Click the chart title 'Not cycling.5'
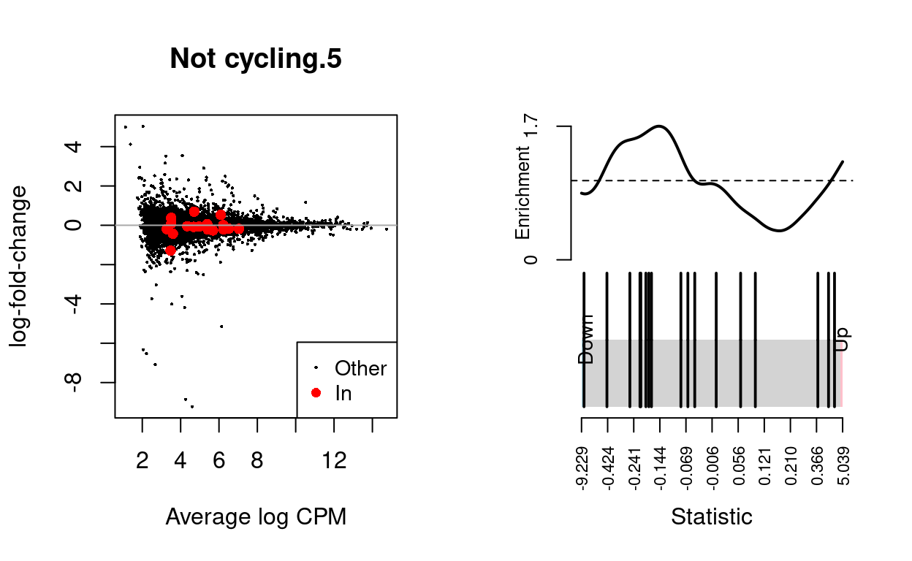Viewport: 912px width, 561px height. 256,60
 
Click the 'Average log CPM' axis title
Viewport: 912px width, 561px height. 256,517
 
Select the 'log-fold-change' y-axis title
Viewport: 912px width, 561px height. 20,266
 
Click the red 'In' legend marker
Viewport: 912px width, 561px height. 316,393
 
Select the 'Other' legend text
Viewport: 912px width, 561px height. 360,368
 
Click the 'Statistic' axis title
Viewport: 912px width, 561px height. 711,517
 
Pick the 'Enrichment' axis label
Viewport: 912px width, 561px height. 523,193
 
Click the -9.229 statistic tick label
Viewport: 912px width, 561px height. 582,462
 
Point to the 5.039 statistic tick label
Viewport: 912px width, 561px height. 843,462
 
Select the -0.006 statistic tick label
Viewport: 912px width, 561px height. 712,462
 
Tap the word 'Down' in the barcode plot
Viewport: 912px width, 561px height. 587,338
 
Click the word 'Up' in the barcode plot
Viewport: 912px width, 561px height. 843,338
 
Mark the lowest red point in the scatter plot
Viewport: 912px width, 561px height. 170,250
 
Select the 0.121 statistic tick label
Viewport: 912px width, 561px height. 764,462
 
